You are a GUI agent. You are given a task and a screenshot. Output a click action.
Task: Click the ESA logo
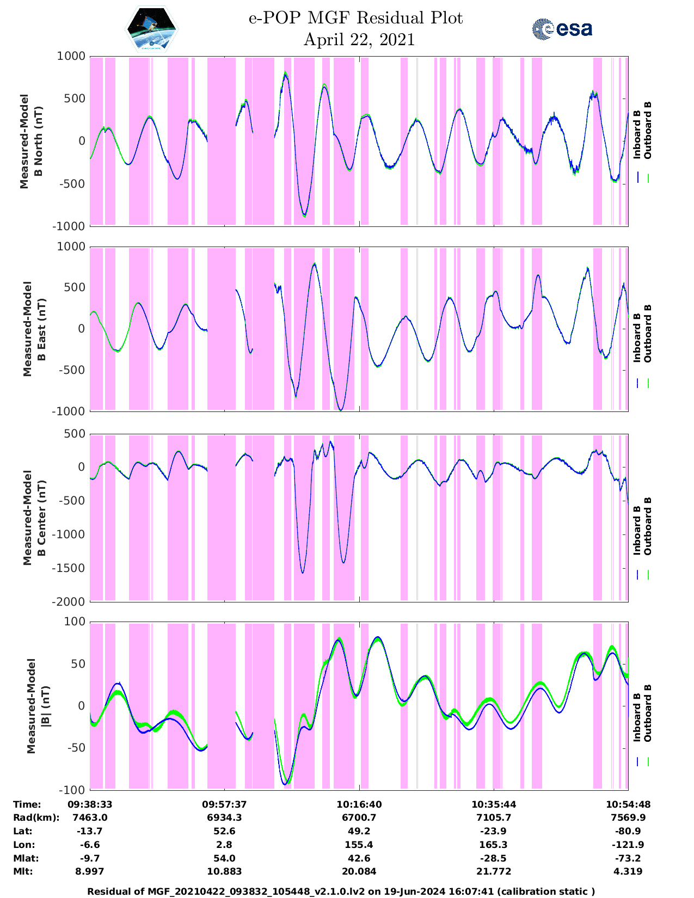click(x=562, y=29)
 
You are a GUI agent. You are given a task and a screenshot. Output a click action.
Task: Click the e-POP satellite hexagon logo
click(x=152, y=30)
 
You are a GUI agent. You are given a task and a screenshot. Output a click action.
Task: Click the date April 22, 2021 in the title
click(x=359, y=40)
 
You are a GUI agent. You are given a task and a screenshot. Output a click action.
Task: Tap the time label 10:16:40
click(x=359, y=804)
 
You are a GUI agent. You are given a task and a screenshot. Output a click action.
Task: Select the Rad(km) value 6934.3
click(x=224, y=817)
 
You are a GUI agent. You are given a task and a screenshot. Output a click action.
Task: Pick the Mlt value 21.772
click(x=494, y=871)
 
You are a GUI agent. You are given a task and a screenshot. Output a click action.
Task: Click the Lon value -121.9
click(x=628, y=845)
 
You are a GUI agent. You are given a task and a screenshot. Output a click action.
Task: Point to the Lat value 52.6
click(x=224, y=831)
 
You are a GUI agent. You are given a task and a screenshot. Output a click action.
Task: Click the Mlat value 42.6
click(x=359, y=858)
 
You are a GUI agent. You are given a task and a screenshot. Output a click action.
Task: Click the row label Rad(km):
click(x=36, y=817)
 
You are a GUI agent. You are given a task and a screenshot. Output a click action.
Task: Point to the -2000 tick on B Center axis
click(x=69, y=601)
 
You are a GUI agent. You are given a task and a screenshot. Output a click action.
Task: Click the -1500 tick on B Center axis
click(x=69, y=568)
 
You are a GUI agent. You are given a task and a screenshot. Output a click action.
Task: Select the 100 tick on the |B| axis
click(x=75, y=622)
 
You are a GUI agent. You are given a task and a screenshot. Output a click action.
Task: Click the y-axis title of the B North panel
click(x=31, y=141)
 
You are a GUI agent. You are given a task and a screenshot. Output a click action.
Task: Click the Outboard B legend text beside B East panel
click(x=648, y=333)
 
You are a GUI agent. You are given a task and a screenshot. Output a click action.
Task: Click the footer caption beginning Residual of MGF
click(x=341, y=891)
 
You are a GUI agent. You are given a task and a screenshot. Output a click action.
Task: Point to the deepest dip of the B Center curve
click(x=303, y=572)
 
